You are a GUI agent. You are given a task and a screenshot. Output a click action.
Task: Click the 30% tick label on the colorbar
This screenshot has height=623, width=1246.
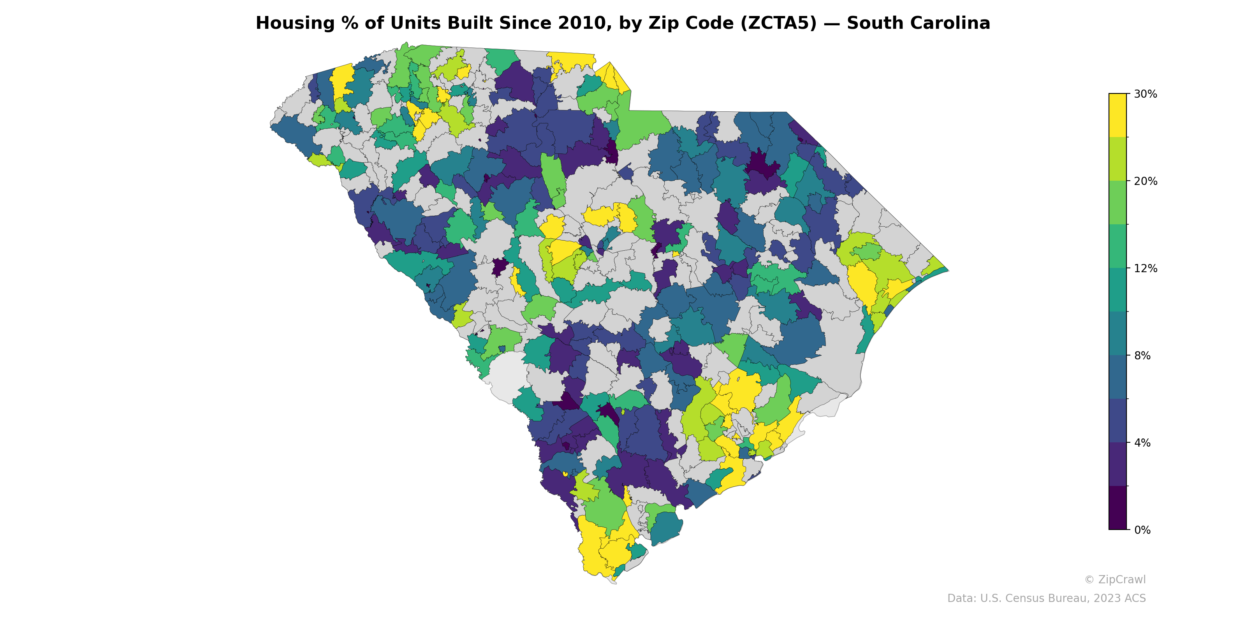click(x=1146, y=94)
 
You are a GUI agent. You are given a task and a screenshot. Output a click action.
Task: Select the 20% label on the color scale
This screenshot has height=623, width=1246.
click(x=1146, y=181)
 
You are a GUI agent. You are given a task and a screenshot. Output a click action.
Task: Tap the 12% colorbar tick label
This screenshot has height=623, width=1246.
click(x=1146, y=268)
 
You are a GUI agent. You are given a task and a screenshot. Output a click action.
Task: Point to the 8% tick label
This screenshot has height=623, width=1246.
click(x=1142, y=355)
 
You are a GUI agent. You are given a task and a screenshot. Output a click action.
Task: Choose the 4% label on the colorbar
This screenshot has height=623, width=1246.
click(x=1142, y=443)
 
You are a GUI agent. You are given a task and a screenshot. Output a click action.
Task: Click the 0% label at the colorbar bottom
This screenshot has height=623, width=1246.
click(x=1142, y=530)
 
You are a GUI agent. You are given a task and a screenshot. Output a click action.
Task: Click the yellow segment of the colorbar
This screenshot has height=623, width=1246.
click(x=1118, y=115)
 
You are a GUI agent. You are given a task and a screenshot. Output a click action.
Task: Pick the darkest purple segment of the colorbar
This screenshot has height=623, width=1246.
click(x=1118, y=508)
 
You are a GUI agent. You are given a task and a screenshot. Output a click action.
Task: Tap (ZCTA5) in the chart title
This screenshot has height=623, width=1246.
click(x=778, y=23)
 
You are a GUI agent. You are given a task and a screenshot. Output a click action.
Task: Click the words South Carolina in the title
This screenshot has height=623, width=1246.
click(x=918, y=23)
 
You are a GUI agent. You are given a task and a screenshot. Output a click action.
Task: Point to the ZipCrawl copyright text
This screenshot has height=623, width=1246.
click(x=1115, y=579)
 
